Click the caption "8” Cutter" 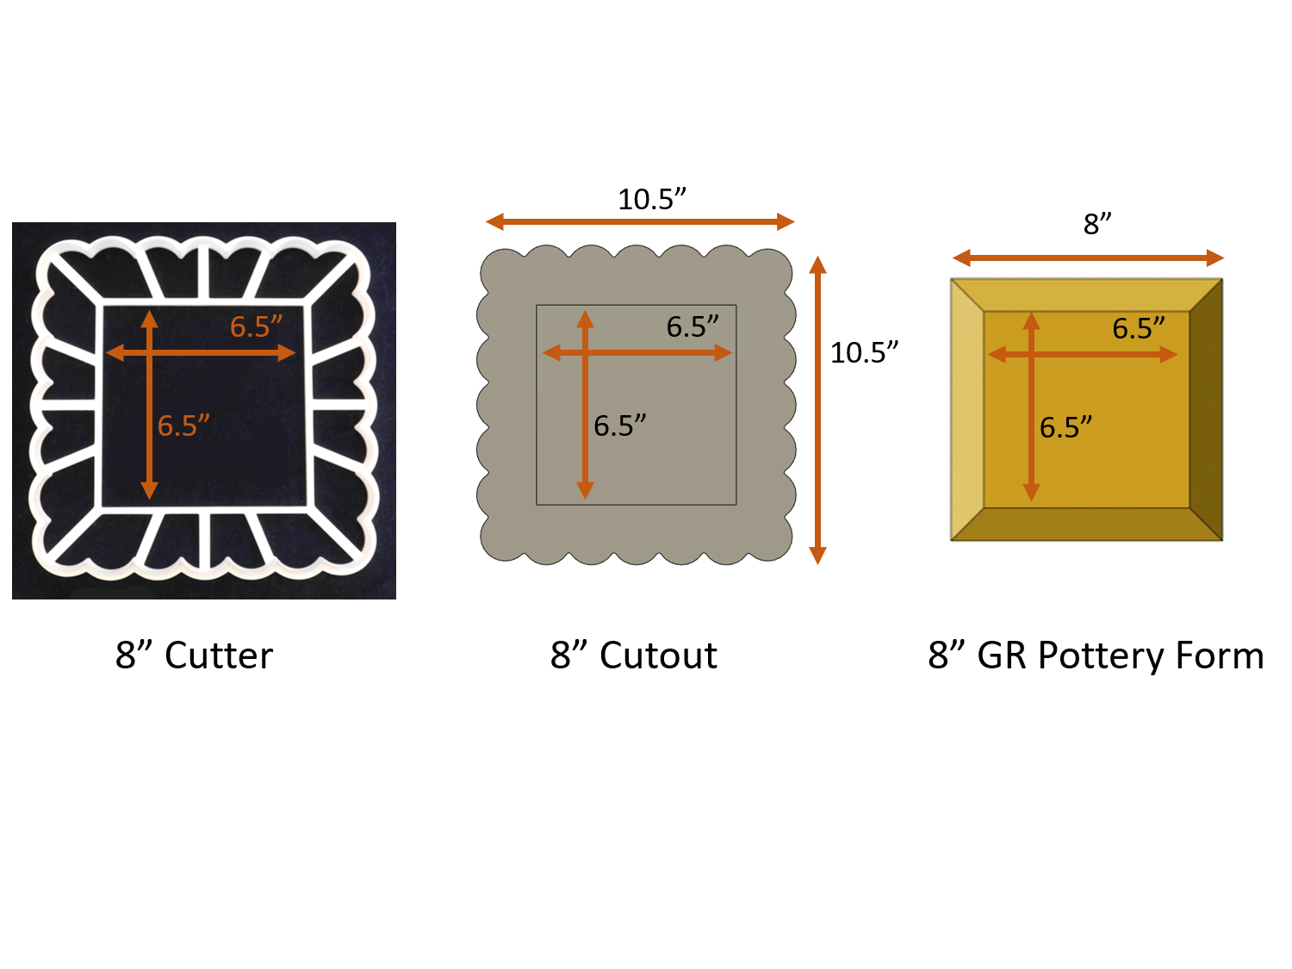point(195,655)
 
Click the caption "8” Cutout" point(634,655)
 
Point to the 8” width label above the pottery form point(1097,224)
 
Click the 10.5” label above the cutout point(652,200)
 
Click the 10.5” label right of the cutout point(864,353)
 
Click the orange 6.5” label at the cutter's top point(256,327)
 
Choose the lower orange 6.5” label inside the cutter point(183,426)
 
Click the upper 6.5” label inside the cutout point(693,327)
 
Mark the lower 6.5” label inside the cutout point(619,426)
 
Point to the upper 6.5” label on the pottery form point(1138,329)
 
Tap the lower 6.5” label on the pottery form point(1065,428)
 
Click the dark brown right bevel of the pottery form point(1206,409)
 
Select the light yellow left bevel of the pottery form point(966,409)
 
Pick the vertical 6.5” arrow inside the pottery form point(1031,465)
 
